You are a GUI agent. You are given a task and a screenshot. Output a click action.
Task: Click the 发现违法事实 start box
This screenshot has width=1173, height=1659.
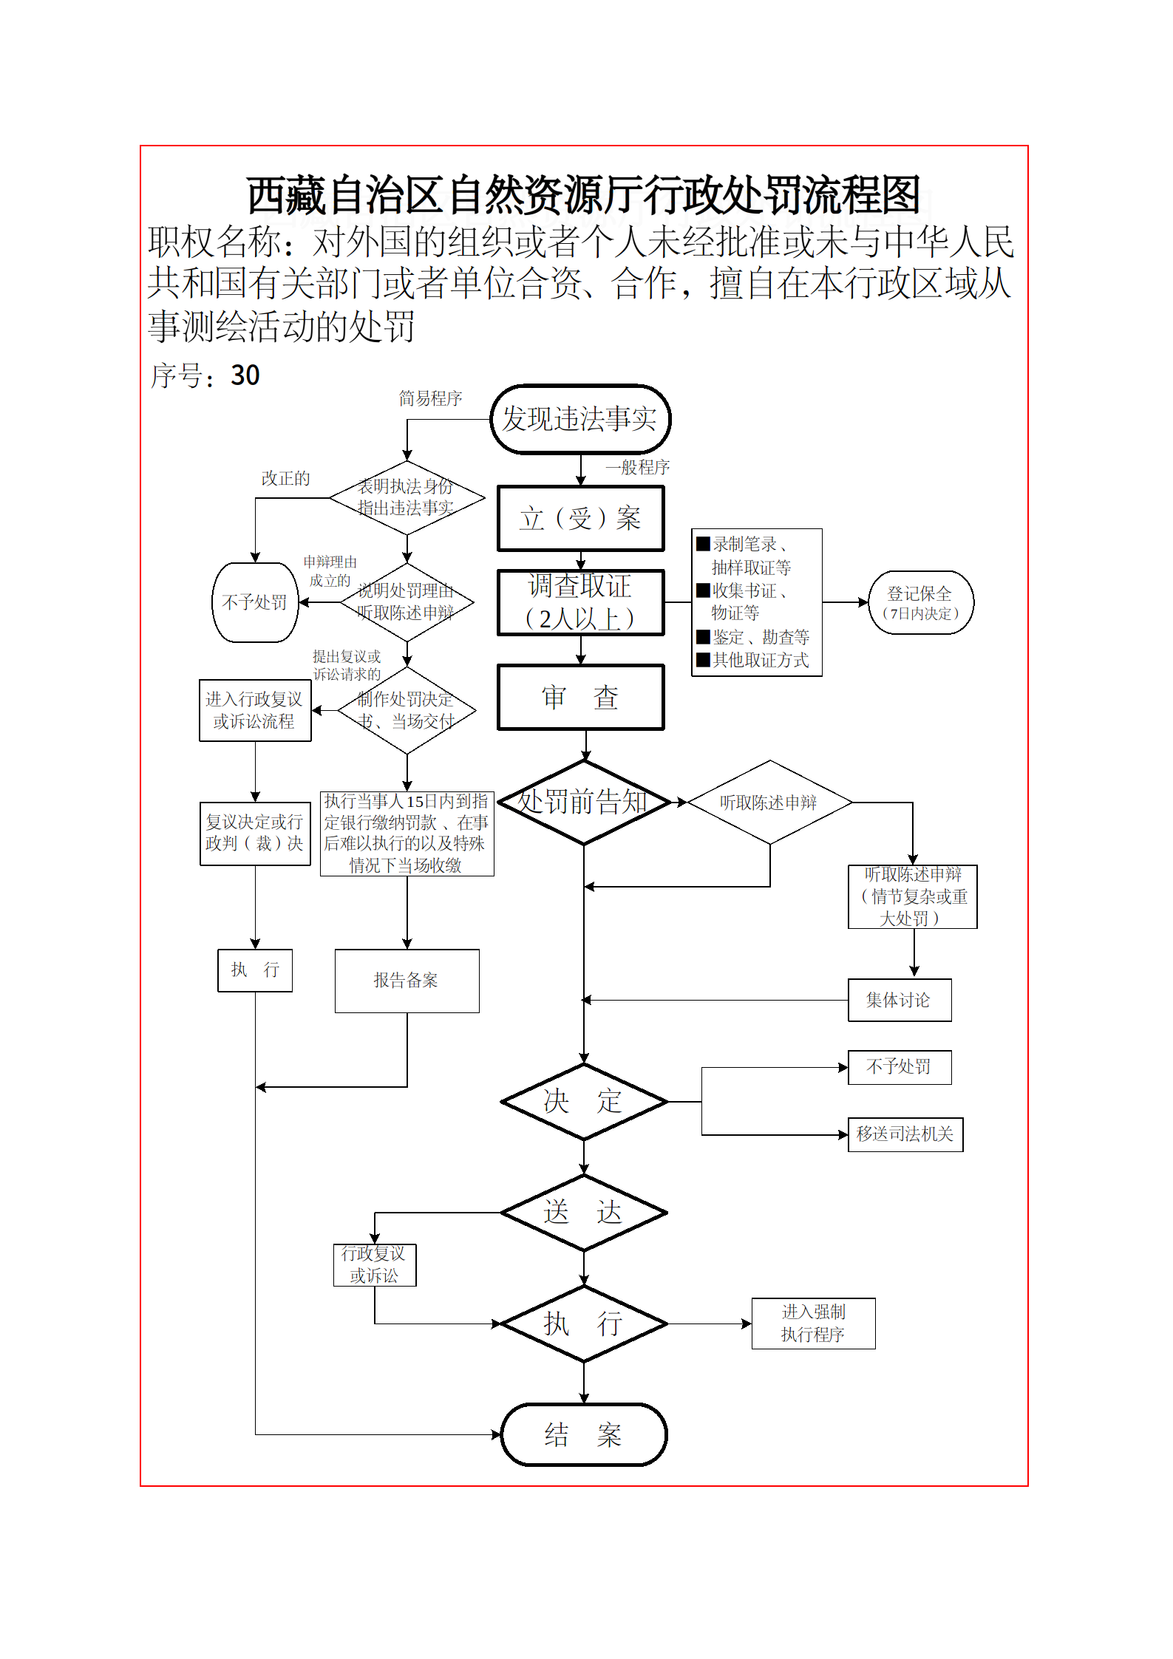[x=580, y=419]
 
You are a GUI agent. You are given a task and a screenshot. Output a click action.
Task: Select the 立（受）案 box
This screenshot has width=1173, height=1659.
[x=580, y=518]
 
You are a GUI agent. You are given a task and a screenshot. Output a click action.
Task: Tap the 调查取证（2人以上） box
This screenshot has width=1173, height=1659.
[x=580, y=602]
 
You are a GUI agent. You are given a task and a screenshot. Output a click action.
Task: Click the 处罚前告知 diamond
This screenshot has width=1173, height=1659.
[x=584, y=803]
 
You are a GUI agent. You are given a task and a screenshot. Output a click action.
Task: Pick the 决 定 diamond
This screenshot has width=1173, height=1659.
[x=584, y=1102]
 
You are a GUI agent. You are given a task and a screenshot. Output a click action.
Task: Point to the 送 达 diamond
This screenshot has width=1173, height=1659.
[x=584, y=1213]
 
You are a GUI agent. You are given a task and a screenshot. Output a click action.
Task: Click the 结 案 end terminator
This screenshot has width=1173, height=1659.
[x=584, y=1434]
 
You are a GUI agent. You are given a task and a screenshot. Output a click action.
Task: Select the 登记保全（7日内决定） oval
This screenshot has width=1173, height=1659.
[x=921, y=602]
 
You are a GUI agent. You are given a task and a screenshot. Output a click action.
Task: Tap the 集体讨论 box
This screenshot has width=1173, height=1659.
[x=899, y=1001]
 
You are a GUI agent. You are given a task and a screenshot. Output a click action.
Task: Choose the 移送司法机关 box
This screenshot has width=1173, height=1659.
[x=905, y=1134]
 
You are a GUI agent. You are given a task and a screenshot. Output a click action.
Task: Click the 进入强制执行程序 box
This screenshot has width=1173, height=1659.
[x=813, y=1324]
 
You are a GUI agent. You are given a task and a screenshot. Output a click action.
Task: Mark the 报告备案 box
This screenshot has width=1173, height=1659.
[x=407, y=981]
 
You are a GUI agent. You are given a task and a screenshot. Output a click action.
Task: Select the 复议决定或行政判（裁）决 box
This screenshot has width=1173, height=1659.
[x=255, y=834]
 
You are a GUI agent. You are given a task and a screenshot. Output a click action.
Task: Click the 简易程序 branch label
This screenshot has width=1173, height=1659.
[x=430, y=399]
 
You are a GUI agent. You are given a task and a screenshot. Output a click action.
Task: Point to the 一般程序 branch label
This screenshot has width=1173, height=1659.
[x=637, y=467]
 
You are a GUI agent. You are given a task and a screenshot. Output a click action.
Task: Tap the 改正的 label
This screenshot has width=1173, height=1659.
[x=285, y=479]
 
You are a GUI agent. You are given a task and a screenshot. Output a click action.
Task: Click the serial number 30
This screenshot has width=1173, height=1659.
[x=245, y=375]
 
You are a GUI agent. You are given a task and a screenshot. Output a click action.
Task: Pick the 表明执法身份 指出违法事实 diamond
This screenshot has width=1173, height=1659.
[x=407, y=498]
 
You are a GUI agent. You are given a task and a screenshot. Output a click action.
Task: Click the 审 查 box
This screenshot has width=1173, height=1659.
[x=580, y=698]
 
